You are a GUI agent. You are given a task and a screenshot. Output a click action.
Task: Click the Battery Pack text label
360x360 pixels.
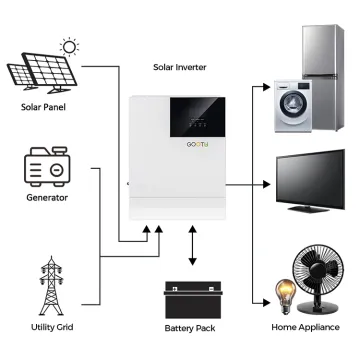click(x=190, y=327)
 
